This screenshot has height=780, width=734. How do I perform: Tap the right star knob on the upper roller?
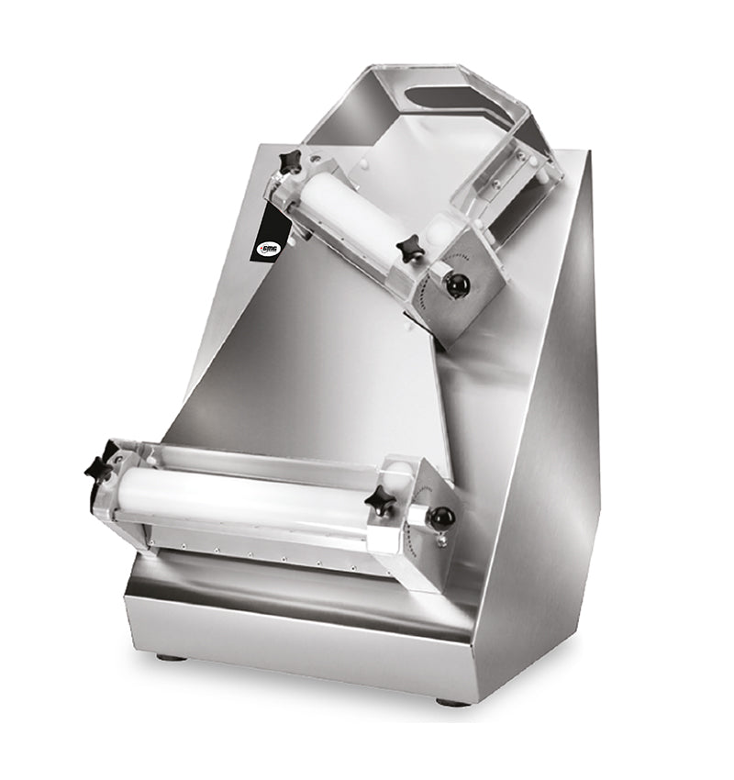pyautogui.click(x=409, y=247)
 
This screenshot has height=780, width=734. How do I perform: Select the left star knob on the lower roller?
pyautogui.click(x=100, y=466)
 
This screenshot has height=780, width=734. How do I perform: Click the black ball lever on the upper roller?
pyautogui.click(x=457, y=285)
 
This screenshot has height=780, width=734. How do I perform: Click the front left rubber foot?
pyautogui.click(x=168, y=657)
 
